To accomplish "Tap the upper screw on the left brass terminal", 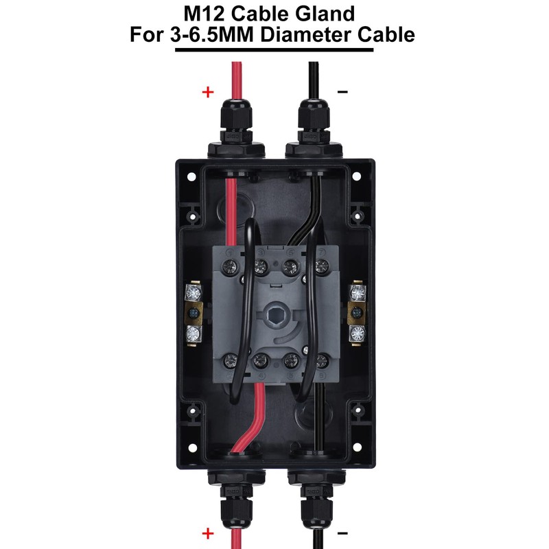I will (x=193, y=293).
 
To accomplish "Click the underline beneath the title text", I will (x=274, y=49).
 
